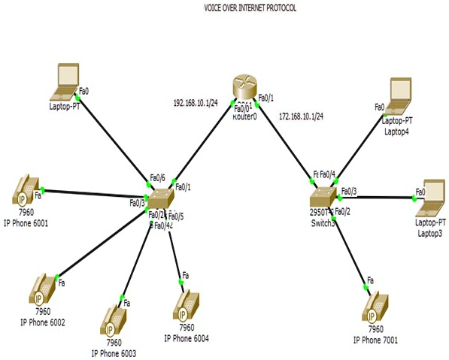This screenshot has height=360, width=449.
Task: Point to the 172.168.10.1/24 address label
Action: coord(301,116)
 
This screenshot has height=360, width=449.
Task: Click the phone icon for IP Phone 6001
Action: coord(26,191)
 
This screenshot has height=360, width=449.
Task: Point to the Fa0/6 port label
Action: coord(157,178)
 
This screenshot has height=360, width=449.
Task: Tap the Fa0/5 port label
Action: coord(176,216)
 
